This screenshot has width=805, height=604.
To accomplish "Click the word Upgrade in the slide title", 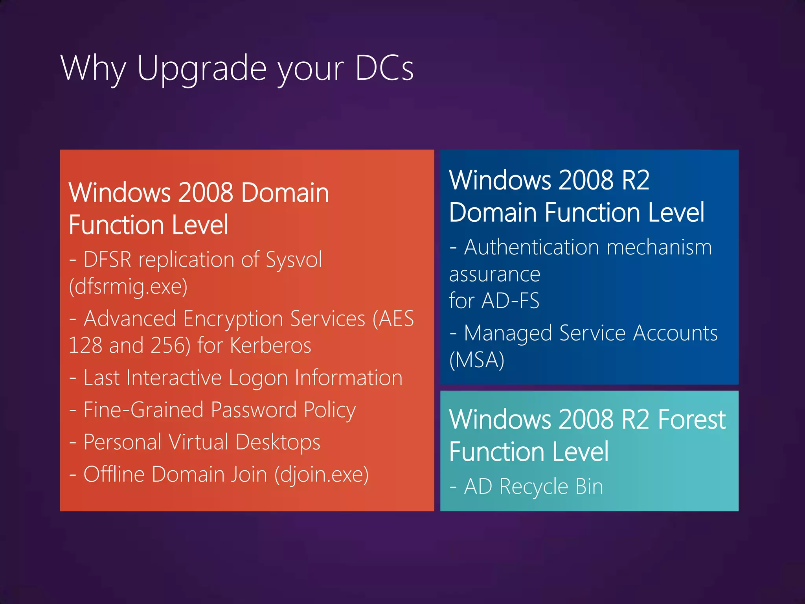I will click(202, 69).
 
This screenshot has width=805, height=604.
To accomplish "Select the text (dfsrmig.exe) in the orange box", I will click(128, 286).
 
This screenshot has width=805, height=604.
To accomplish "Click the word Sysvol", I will click(294, 260).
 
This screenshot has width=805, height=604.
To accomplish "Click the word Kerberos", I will click(270, 345).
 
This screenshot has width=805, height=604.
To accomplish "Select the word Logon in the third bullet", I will click(258, 378).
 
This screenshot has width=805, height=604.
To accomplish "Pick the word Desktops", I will click(278, 442).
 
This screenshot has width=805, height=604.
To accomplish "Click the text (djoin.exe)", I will click(322, 474).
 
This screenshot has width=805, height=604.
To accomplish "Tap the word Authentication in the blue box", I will click(532, 247).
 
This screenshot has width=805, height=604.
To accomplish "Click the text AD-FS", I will click(510, 301).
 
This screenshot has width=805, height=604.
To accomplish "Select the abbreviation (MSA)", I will click(476, 360).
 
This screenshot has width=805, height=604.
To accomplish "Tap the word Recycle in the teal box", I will click(533, 487).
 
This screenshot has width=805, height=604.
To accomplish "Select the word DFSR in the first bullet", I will click(107, 260).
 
